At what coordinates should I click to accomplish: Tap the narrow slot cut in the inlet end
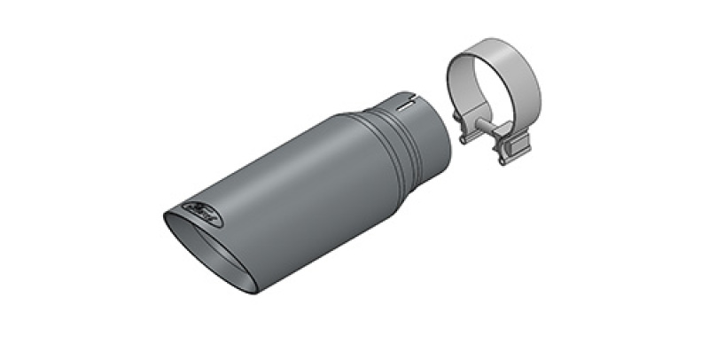[409, 103]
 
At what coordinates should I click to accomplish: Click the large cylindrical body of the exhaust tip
[284, 195]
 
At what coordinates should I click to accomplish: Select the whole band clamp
[496, 102]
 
